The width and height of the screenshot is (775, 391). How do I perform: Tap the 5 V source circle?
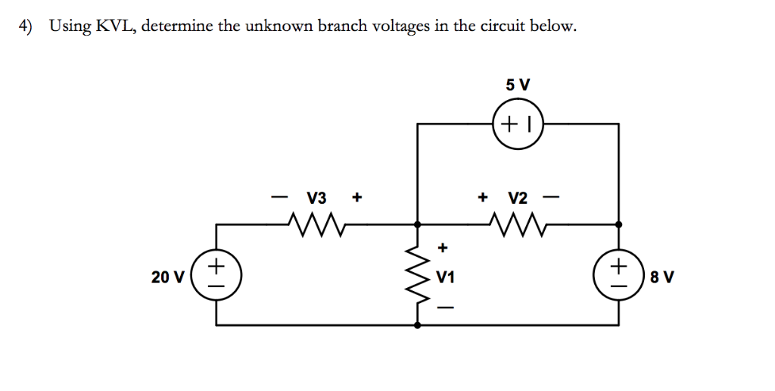(518, 120)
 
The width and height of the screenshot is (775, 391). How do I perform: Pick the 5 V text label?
(518, 85)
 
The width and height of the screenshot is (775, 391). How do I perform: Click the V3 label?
(316, 199)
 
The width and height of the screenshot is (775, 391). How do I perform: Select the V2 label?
(518, 199)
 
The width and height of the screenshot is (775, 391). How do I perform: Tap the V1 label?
(446, 277)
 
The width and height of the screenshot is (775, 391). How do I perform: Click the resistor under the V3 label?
(316, 224)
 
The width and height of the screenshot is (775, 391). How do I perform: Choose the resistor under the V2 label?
(518, 224)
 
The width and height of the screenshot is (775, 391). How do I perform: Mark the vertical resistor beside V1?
(417, 274)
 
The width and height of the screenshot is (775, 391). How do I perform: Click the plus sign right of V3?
(356, 199)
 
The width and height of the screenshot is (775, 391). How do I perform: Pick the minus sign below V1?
(445, 308)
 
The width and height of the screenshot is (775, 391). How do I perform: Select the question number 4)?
(26, 27)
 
